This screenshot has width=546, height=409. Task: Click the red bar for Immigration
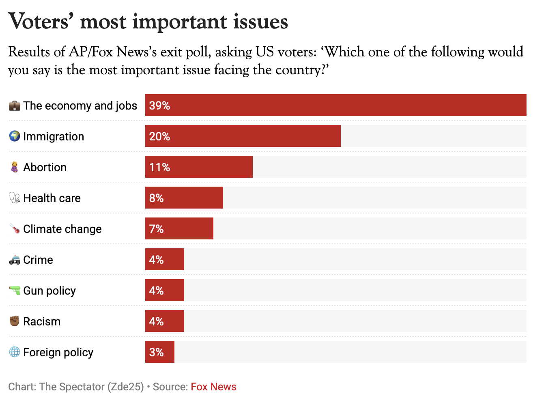click(x=243, y=136)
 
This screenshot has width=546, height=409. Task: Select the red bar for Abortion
click(x=199, y=167)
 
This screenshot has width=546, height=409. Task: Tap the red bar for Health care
click(x=184, y=198)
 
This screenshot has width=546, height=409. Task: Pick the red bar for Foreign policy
click(x=159, y=352)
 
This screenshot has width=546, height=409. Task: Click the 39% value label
click(x=159, y=105)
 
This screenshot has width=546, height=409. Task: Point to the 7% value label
click(x=156, y=229)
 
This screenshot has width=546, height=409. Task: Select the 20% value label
click(x=159, y=136)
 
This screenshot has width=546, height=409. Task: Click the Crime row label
click(x=38, y=260)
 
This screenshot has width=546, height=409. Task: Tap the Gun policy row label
click(x=49, y=291)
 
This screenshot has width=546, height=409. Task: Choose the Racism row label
click(x=42, y=321)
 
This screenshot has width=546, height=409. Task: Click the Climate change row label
click(x=62, y=229)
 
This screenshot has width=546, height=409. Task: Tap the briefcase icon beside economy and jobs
click(x=15, y=105)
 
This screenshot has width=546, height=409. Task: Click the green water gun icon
click(x=15, y=290)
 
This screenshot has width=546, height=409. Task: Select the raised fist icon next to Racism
click(x=15, y=321)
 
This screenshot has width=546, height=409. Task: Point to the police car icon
click(x=15, y=260)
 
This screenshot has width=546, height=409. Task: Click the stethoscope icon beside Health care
click(x=15, y=198)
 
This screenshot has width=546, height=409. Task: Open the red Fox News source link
click(x=213, y=387)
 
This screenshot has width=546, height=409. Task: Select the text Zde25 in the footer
click(x=125, y=387)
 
